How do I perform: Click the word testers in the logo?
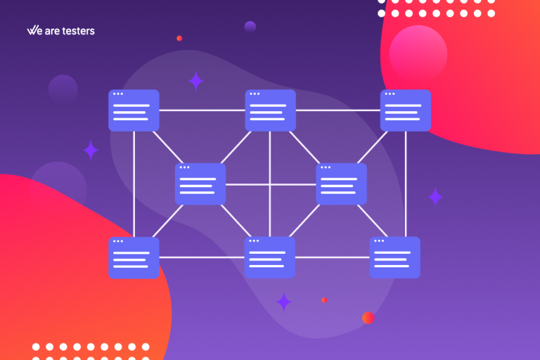click(78, 31)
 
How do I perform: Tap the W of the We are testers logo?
click(32, 30)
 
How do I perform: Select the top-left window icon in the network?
click(134, 110)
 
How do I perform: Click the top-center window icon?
click(270, 110)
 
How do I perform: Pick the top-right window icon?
click(405, 110)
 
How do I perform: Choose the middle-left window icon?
click(200, 184)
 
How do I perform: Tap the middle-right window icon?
click(341, 184)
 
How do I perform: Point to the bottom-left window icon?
click(134, 257)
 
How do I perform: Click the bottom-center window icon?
click(270, 257)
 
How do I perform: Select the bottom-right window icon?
click(394, 257)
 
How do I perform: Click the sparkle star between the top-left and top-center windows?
click(196, 81)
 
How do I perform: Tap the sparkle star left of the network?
click(91, 150)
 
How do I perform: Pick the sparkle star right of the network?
click(435, 197)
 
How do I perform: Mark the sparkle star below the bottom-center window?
click(284, 302)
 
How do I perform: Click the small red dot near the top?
click(179, 38)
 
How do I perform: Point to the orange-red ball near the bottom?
click(368, 318)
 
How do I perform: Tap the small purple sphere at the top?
click(250, 27)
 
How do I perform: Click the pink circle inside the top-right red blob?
click(418, 54)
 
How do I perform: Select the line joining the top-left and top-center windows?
click(202, 110)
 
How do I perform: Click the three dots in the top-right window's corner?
click(390, 94)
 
